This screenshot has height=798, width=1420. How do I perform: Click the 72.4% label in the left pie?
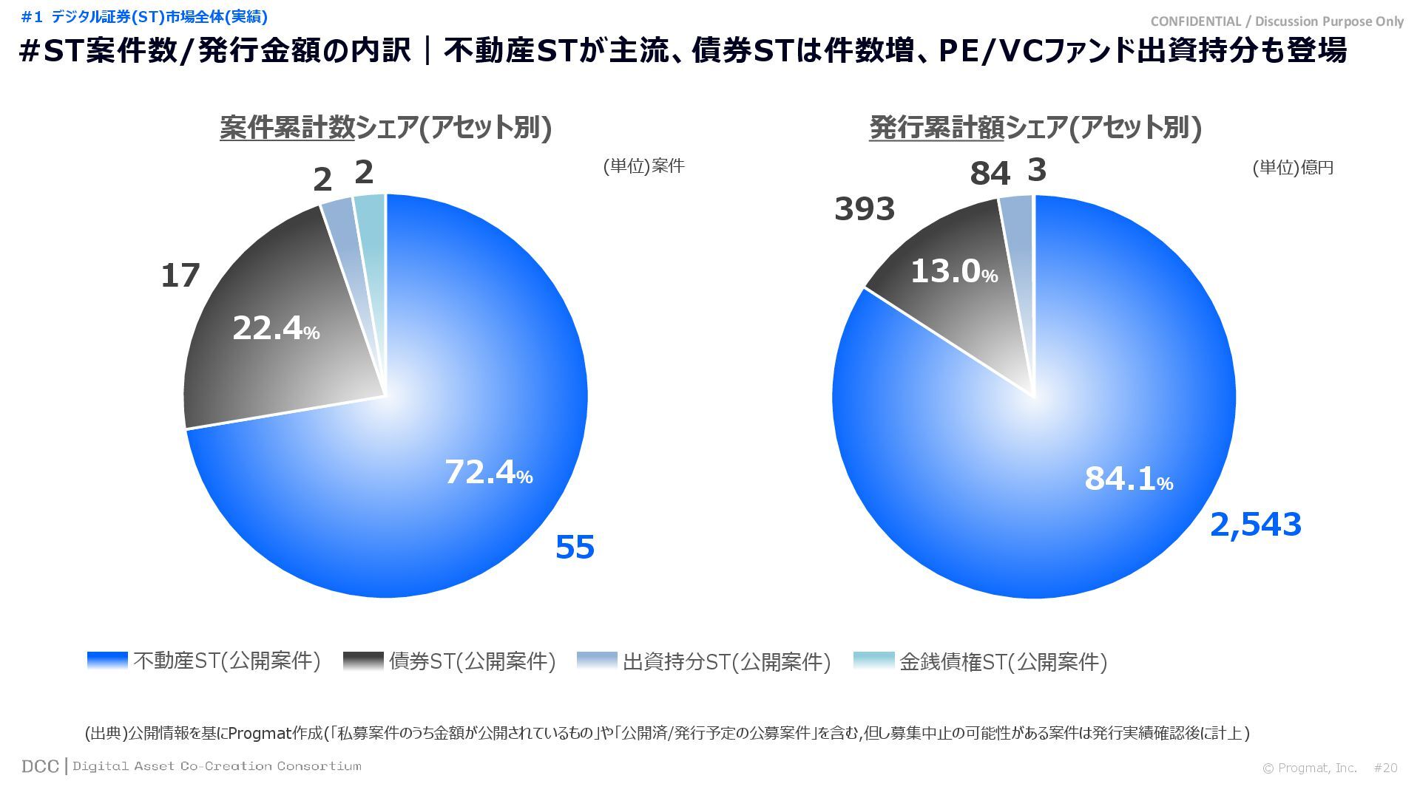(488, 472)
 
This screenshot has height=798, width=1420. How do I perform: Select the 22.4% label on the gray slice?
(275, 328)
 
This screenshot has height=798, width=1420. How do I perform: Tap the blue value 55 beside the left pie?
(575, 548)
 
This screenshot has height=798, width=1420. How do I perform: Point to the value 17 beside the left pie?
(180, 276)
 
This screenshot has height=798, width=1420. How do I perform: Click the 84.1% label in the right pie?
(1128, 479)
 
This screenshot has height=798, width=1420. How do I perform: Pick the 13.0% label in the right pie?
(953, 271)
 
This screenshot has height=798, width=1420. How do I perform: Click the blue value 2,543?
(1255, 525)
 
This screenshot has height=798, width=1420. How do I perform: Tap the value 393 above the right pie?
(865, 209)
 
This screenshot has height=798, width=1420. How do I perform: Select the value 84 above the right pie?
(990, 174)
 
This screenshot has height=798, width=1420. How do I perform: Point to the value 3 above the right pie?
(1037, 171)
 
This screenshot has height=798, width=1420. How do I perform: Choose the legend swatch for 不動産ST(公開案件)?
(107, 661)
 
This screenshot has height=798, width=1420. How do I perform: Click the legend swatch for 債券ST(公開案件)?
(363, 661)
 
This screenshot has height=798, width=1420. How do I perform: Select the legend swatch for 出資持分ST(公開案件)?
(597, 661)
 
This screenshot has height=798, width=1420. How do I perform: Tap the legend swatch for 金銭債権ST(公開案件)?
(873, 661)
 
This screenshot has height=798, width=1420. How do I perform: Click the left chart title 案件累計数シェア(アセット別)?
(385, 128)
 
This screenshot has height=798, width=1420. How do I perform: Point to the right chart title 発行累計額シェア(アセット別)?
(1035, 128)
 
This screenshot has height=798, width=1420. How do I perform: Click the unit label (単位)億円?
(1292, 168)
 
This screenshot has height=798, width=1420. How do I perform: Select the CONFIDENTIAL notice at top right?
(1277, 21)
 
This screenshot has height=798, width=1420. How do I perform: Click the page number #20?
(1385, 768)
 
